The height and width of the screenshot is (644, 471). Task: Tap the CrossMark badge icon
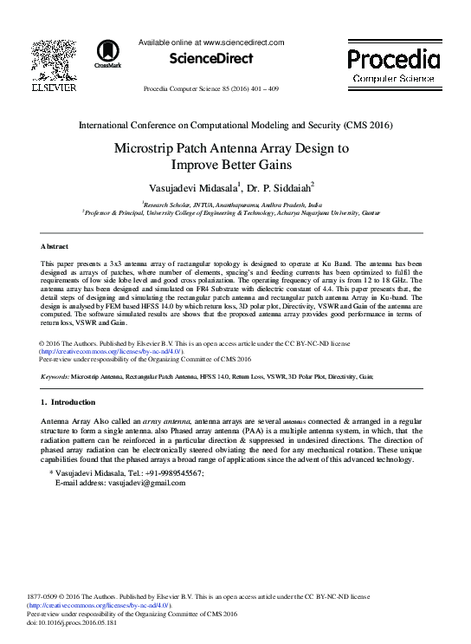[x=108, y=51]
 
